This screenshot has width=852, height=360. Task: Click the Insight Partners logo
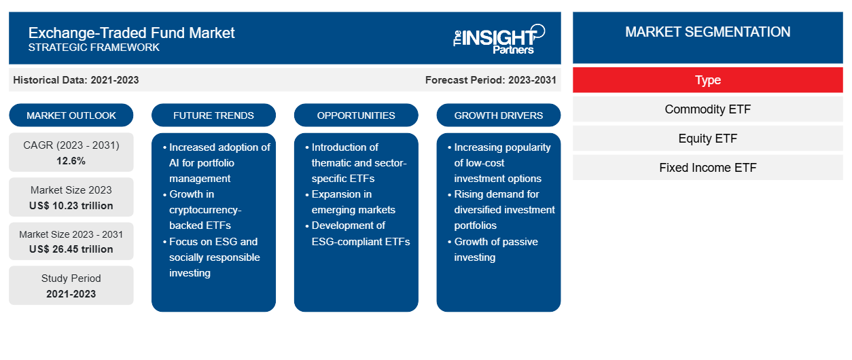pyautogui.click(x=499, y=39)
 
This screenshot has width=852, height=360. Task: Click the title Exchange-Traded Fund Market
pyautogui.click(x=131, y=33)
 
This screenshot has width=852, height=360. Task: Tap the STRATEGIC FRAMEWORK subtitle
pyautogui.click(x=94, y=48)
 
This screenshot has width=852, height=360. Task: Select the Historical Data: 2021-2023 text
pyautogui.click(x=76, y=80)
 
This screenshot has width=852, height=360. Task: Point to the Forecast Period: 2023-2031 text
pyautogui.click(x=491, y=80)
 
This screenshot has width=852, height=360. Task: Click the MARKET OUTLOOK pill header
pyautogui.click(x=71, y=115)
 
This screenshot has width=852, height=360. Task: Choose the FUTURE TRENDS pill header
pyautogui.click(x=213, y=115)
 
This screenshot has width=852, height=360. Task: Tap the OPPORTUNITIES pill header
pyautogui.click(x=356, y=115)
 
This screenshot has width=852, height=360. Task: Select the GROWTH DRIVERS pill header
pyautogui.click(x=498, y=115)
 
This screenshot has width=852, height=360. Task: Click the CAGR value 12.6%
pyautogui.click(x=71, y=161)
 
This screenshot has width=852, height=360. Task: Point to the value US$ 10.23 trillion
pyautogui.click(x=71, y=206)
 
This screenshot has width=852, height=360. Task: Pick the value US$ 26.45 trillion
pyautogui.click(x=71, y=249)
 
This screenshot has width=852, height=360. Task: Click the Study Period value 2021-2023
pyautogui.click(x=71, y=294)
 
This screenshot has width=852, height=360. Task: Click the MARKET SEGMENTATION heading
pyautogui.click(x=708, y=32)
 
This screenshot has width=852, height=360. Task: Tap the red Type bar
pyautogui.click(x=708, y=80)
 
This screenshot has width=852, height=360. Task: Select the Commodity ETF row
pyautogui.click(x=708, y=109)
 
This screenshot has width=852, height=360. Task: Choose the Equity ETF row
pyautogui.click(x=708, y=139)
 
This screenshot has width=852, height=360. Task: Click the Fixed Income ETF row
pyautogui.click(x=708, y=168)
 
